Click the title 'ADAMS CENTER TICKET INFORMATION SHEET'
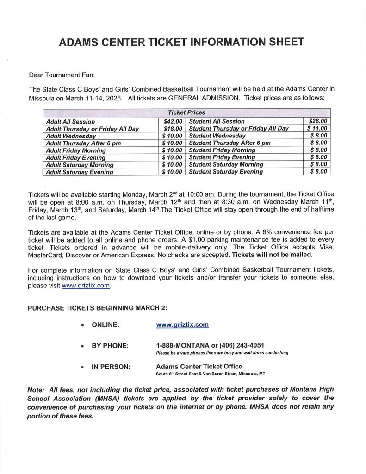tap(181, 42)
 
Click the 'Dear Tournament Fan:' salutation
tap(62, 75)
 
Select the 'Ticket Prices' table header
tap(186, 112)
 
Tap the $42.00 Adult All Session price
tap(173, 121)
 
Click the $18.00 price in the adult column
tap(173, 129)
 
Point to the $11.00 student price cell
tap(317, 128)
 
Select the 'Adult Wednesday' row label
tap(71, 136)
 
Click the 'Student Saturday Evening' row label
tap(225, 172)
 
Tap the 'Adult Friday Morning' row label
tap(76, 150)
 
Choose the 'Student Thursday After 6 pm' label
tap(230, 143)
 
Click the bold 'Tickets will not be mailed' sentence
tap(272, 255)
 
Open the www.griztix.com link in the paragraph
tap(86, 286)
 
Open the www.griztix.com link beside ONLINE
tap(182, 325)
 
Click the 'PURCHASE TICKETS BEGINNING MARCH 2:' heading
tap(97, 308)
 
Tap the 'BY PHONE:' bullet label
tap(110, 346)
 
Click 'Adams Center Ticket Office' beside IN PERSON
tap(199, 366)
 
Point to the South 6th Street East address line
tap(211, 374)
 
